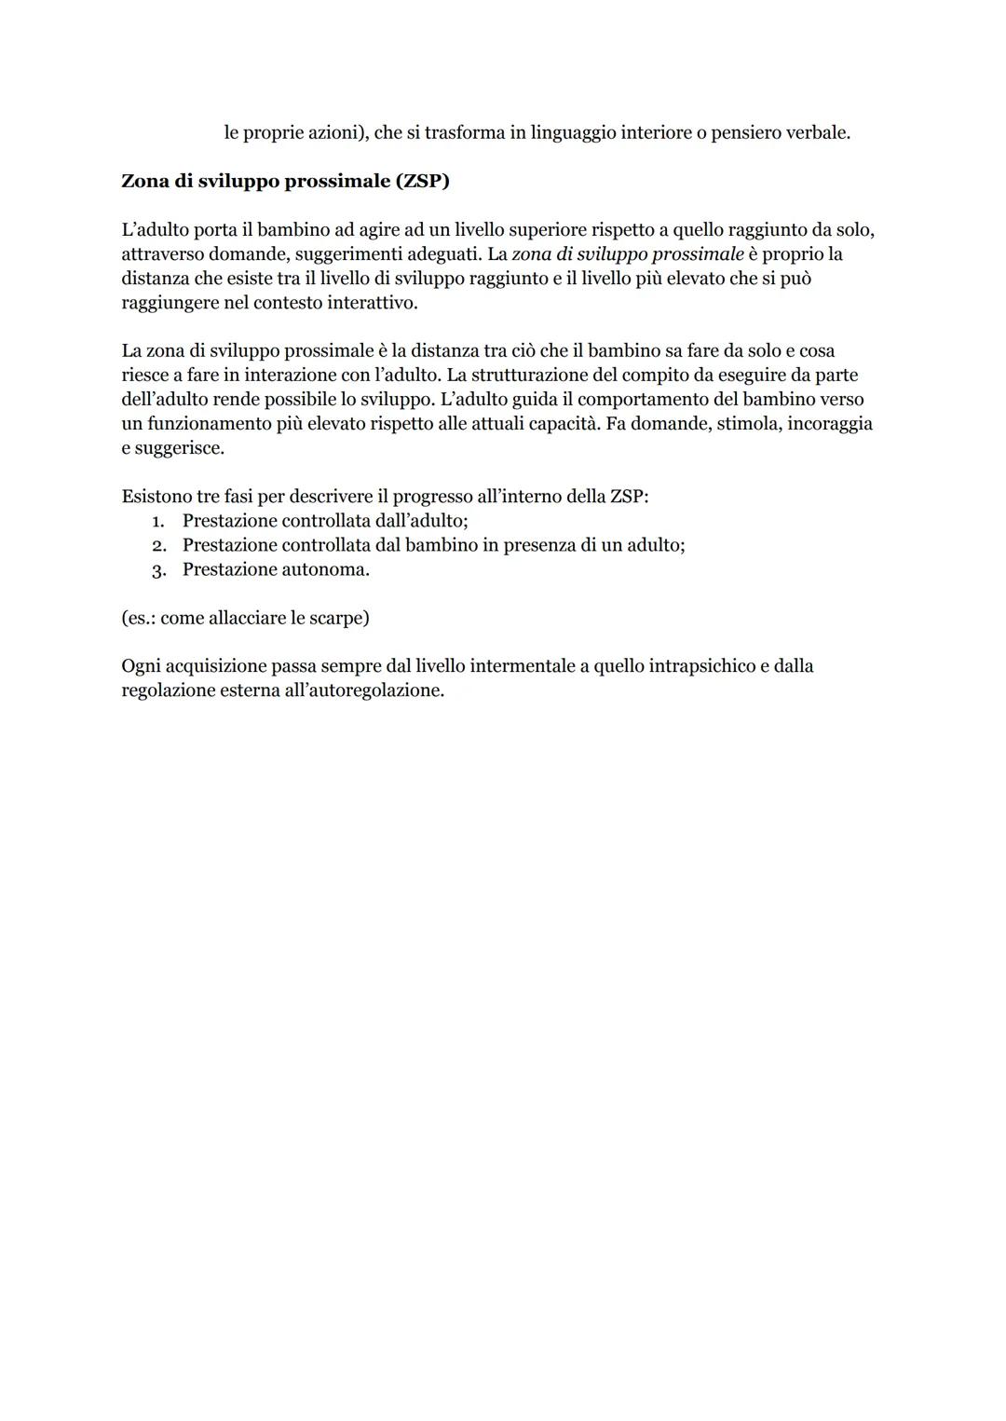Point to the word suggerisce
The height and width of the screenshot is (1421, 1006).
coord(179,447)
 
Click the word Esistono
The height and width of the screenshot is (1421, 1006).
coord(156,496)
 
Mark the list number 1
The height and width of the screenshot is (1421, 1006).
coord(157,521)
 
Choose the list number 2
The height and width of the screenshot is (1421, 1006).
coord(158,545)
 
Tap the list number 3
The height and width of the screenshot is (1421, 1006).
coord(158,569)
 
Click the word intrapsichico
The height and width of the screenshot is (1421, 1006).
coord(700,666)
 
